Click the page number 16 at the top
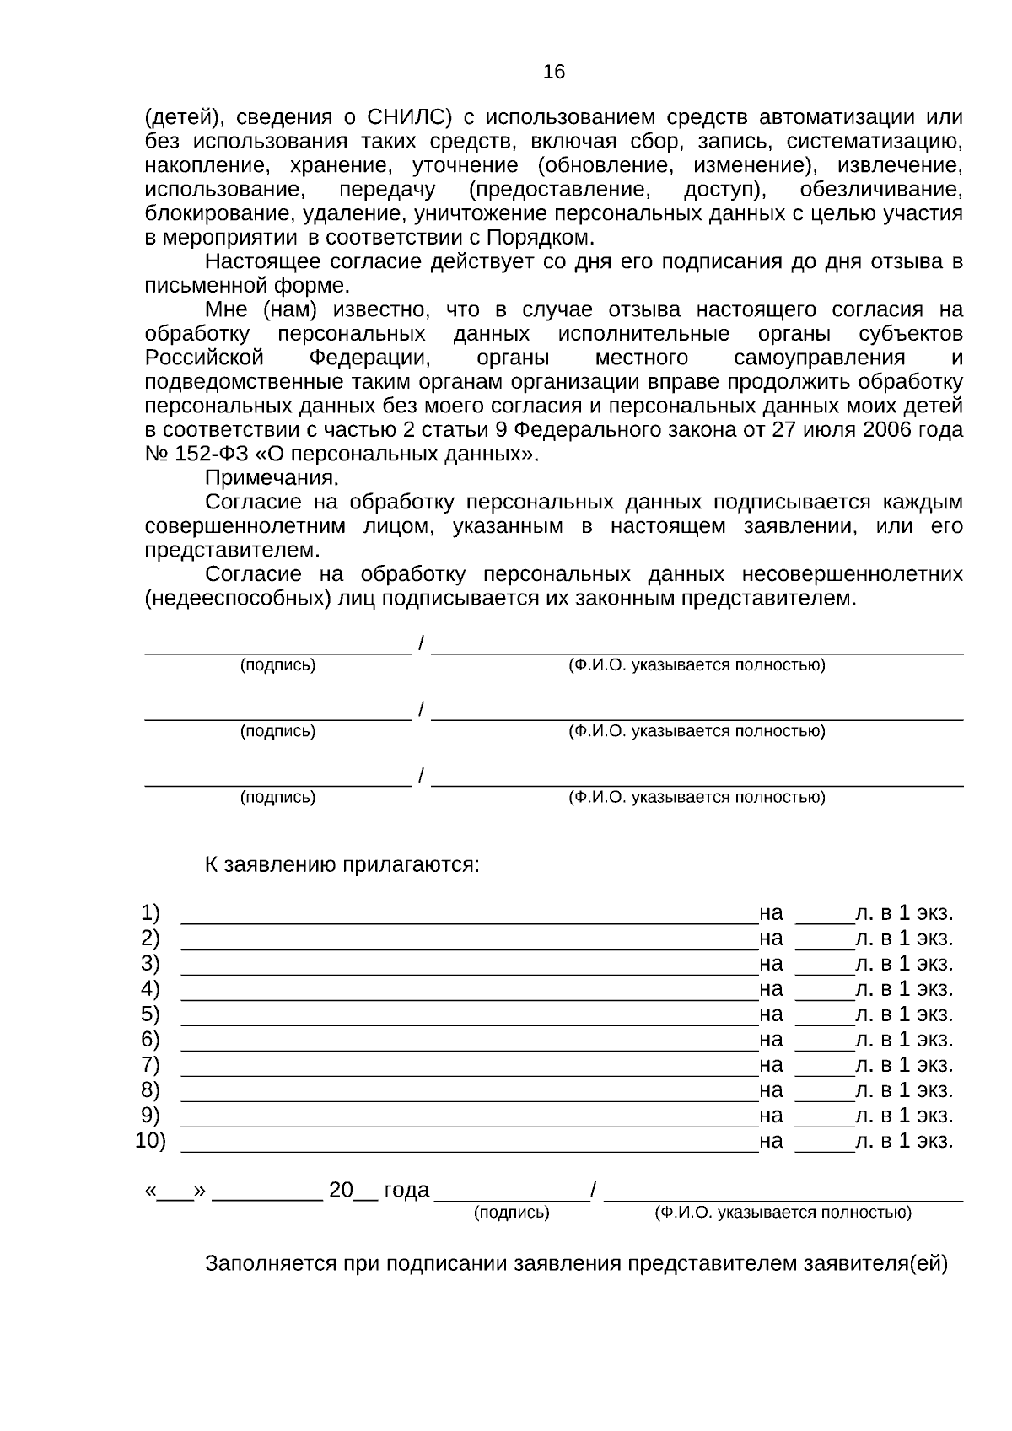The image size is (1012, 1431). pyautogui.click(x=553, y=73)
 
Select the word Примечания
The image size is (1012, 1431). pyautogui.click(x=271, y=478)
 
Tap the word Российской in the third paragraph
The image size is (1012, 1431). pyautogui.click(x=204, y=358)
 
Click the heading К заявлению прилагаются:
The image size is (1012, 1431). pyautogui.click(x=342, y=865)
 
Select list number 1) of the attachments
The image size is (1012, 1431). pyautogui.click(x=150, y=913)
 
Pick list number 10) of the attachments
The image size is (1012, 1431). pyautogui.click(x=151, y=1141)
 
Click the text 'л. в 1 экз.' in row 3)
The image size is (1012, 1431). pyautogui.click(x=903, y=964)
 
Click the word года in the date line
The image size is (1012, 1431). pyautogui.click(x=406, y=1190)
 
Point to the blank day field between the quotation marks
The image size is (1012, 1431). pyautogui.click(x=175, y=1194)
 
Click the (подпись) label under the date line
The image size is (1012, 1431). pyautogui.click(x=511, y=1213)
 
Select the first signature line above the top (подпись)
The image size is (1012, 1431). pyautogui.click(x=277, y=649)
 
